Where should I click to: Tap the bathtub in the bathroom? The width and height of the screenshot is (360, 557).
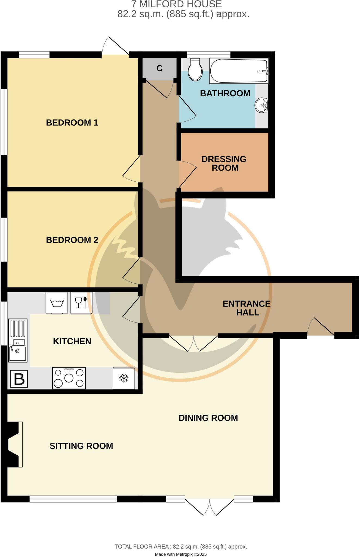tap(239, 71)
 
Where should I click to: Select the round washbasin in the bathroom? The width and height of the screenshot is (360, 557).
tap(261, 105)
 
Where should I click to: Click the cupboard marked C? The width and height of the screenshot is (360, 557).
tap(159, 68)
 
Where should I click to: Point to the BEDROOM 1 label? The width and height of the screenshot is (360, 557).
tap(72, 123)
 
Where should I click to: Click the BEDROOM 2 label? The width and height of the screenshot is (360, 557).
tap(72, 240)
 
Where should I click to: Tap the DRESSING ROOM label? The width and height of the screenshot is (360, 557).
tap(224, 163)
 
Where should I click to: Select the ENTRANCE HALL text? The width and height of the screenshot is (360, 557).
tap(247, 308)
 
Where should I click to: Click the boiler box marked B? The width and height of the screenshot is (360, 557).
tap(19, 379)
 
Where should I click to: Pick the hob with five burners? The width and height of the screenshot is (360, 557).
tap(69, 378)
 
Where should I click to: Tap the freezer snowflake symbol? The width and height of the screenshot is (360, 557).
tap(124, 378)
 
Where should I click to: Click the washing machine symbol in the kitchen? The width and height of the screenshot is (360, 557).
tap(57, 303)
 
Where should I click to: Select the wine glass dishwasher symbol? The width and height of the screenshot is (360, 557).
tap(81, 303)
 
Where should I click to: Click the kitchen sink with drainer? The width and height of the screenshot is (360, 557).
tap(18, 340)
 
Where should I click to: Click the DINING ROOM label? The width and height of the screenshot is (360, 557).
tap(208, 418)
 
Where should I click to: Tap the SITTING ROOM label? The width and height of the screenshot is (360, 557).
tap(81, 446)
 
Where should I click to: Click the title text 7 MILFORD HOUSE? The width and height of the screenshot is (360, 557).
tap(177, 4)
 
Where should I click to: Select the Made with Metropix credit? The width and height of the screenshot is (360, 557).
tap(181, 554)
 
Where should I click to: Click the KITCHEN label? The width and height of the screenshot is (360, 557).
tap(72, 341)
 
